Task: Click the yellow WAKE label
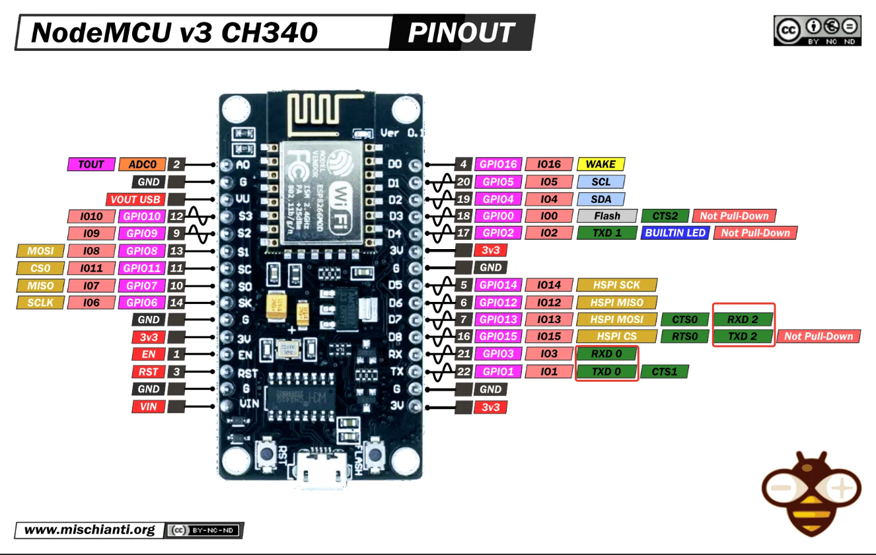click(601, 165)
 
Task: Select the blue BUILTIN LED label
click(676, 233)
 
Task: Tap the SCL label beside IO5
click(601, 182)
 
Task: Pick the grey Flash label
click(606, 216)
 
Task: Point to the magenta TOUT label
click(91, 165)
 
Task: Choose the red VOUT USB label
click(136, 199)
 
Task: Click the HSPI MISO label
click(617, 303)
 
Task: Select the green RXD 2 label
click(743, 320)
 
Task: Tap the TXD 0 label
click(606, 371)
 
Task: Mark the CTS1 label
click(665, 371)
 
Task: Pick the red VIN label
click(148, 406)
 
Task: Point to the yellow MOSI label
click(40, 251)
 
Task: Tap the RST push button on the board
click(268, 455)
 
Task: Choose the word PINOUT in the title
click(460, 32)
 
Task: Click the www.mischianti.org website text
click(90, 530)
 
